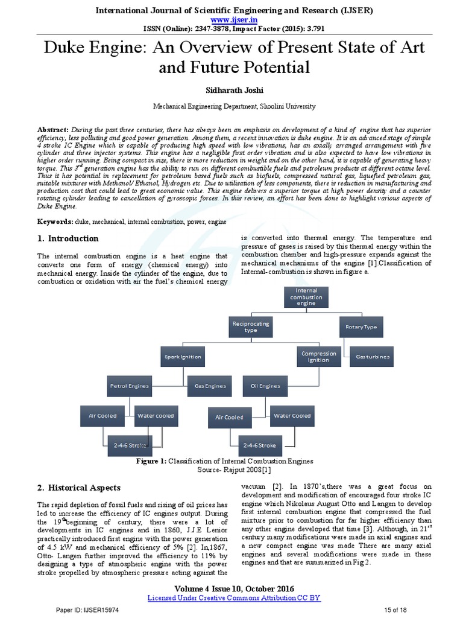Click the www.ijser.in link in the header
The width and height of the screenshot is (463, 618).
(231, 20)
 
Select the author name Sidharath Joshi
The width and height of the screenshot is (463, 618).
(231, 89)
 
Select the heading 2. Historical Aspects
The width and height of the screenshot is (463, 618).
(78, 488)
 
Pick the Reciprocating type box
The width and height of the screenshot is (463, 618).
(250, 327)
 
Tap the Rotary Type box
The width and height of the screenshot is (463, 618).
(361, 327)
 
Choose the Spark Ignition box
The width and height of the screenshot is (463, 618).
(183, 357)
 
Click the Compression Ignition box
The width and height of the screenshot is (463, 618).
(318, 357)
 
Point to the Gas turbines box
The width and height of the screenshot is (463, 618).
(372, 357)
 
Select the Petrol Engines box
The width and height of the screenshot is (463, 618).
(128, 385)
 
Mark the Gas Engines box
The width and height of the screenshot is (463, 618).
(210, 385)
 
